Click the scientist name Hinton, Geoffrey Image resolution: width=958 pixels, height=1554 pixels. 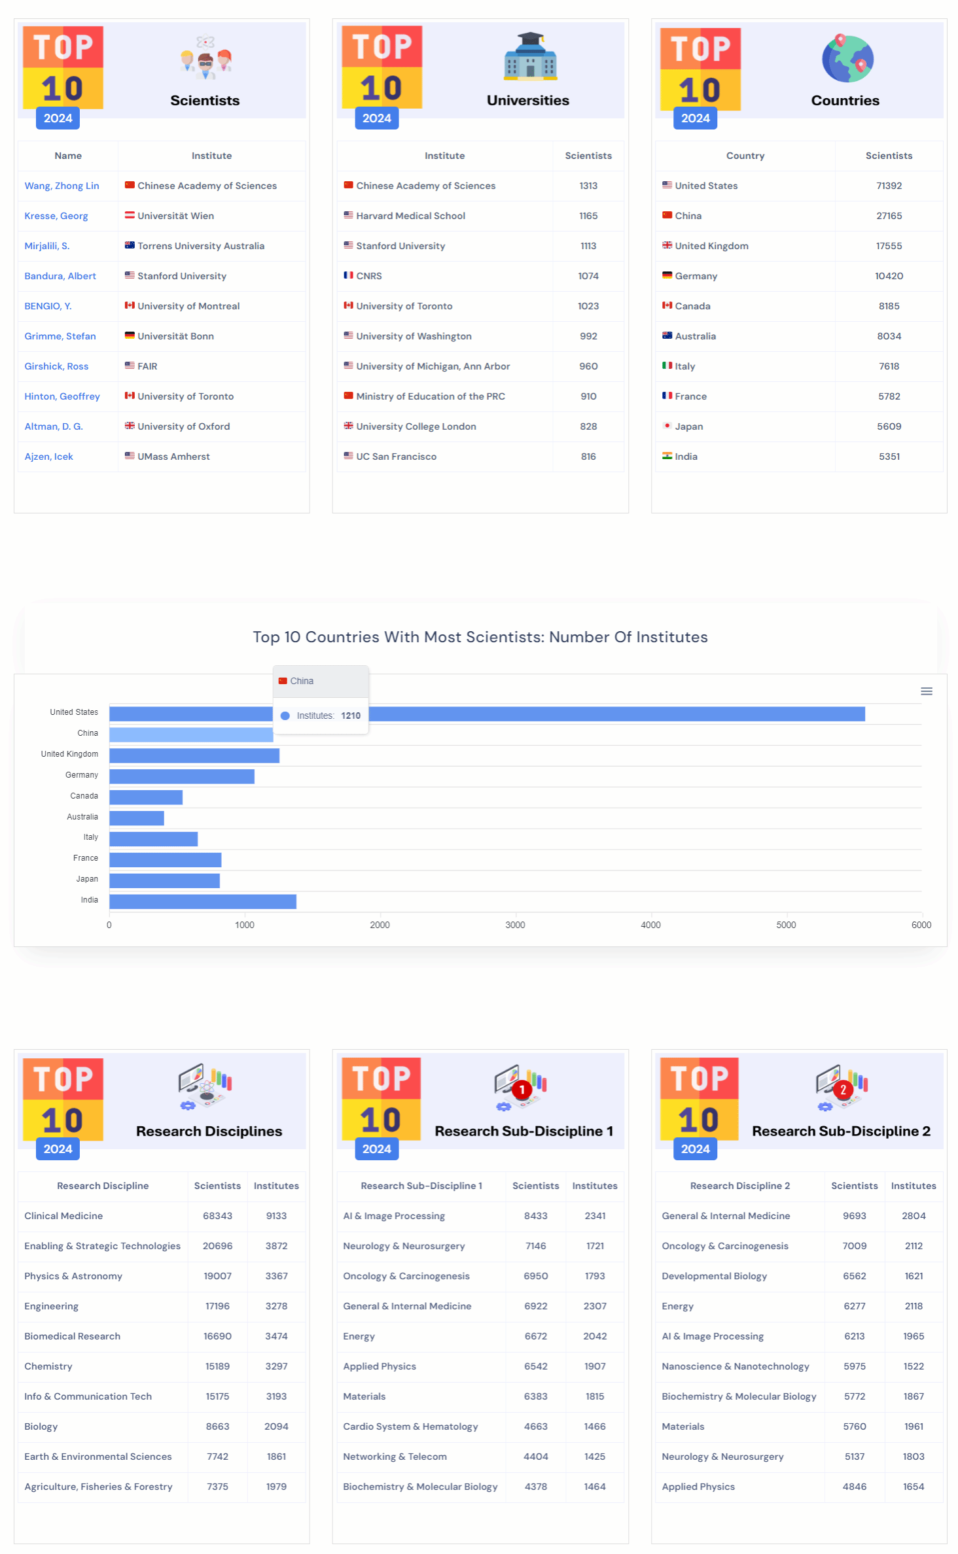[62, 396]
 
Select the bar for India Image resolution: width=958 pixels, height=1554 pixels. [202, 901]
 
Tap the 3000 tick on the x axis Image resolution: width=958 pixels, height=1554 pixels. [515, 925]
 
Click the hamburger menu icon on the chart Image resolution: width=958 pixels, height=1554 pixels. [926, 691]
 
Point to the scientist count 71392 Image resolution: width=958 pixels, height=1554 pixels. [889, 186]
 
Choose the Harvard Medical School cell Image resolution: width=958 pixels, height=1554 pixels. [410, 216]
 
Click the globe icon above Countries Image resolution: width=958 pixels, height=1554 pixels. [847, 59]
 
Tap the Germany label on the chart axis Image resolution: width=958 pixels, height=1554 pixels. [82, 775]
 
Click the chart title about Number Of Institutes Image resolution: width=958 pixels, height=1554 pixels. [480, 637]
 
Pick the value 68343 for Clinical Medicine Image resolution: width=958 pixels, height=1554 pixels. [217, 1216]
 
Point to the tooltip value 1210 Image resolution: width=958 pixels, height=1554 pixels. [351, 716]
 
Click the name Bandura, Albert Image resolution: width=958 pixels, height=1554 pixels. [60, 276]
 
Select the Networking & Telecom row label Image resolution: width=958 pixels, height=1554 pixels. [395, 1457]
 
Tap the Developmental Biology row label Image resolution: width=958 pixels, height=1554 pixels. [714, 1276]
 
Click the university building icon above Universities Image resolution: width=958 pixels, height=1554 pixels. [530, 57]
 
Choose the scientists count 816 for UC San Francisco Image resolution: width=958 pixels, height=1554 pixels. [588, 457]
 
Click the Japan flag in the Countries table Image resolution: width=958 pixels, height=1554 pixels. [667, 426]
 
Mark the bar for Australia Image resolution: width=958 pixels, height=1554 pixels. [136, 818]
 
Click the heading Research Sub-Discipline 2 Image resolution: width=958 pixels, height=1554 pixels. [841, 1131]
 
